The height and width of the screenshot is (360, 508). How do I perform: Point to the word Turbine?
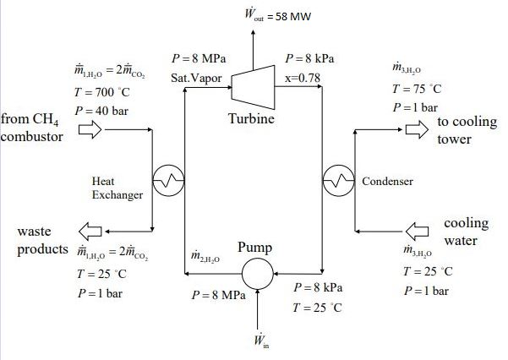(x=251, y=120)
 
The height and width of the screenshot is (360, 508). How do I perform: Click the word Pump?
(x=254, y=248)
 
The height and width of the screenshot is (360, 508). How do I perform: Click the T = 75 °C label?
(x=413, y=90)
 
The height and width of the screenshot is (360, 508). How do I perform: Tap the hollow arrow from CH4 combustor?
(x=90, y=130)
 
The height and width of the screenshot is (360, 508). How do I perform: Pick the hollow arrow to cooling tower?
(x=416, y=130)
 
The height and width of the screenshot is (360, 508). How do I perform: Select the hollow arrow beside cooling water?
(x=418, y=230)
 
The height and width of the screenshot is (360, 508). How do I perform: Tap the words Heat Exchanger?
(x=117, y=188)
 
